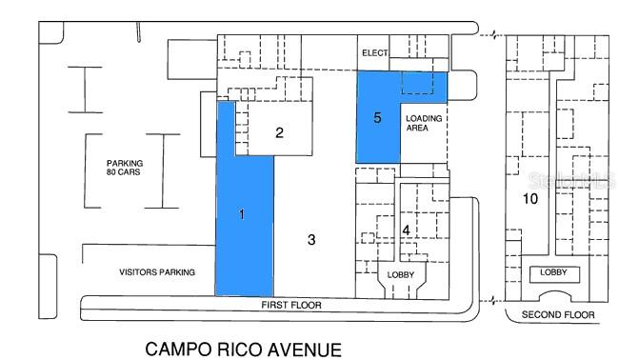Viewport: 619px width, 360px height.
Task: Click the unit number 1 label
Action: click(x=242, y=214)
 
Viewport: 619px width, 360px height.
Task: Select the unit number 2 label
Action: click(x=279, y=132)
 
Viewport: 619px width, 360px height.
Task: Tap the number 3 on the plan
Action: click(x=311, y=240)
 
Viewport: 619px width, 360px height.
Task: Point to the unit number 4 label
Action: click(x=407, y=230)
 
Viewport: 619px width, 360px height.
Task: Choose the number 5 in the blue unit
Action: click(x=377, y=118)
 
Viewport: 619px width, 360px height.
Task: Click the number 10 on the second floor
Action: click(x=530, y=198)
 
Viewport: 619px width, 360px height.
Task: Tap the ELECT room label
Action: click(x=375, y=52)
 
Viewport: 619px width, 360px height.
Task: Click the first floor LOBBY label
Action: click(x=401, y=274)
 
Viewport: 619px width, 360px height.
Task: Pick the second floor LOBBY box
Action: click(x=554, y=274)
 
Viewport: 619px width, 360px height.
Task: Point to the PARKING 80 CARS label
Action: click(x=125, y=168)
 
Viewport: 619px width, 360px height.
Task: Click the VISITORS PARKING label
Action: click(x=157, y=272)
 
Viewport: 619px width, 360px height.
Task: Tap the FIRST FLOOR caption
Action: click(x=291, y=305)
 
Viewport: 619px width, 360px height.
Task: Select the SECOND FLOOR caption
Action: click(x=558, y=314)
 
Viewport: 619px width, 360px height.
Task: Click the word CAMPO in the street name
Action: click(x=178, y=350)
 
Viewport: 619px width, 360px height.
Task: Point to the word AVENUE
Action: click(x=304, y=350)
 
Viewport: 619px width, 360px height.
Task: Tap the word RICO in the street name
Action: click(x=239, y=350)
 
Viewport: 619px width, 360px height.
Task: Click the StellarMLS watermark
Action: click(x=571, y=180)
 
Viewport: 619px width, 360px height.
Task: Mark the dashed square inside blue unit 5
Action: click(x=418, y=82)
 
